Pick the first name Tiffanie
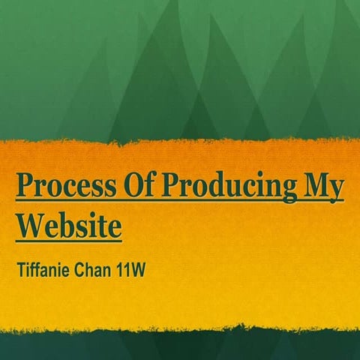pyautogui.click(x=44, y=267)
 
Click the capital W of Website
pyautogui.click(x=31, y=224)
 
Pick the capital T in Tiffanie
pyautogui.click(x=21, y=267)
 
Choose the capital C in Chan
pyautogui.click(x=80, y=267)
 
